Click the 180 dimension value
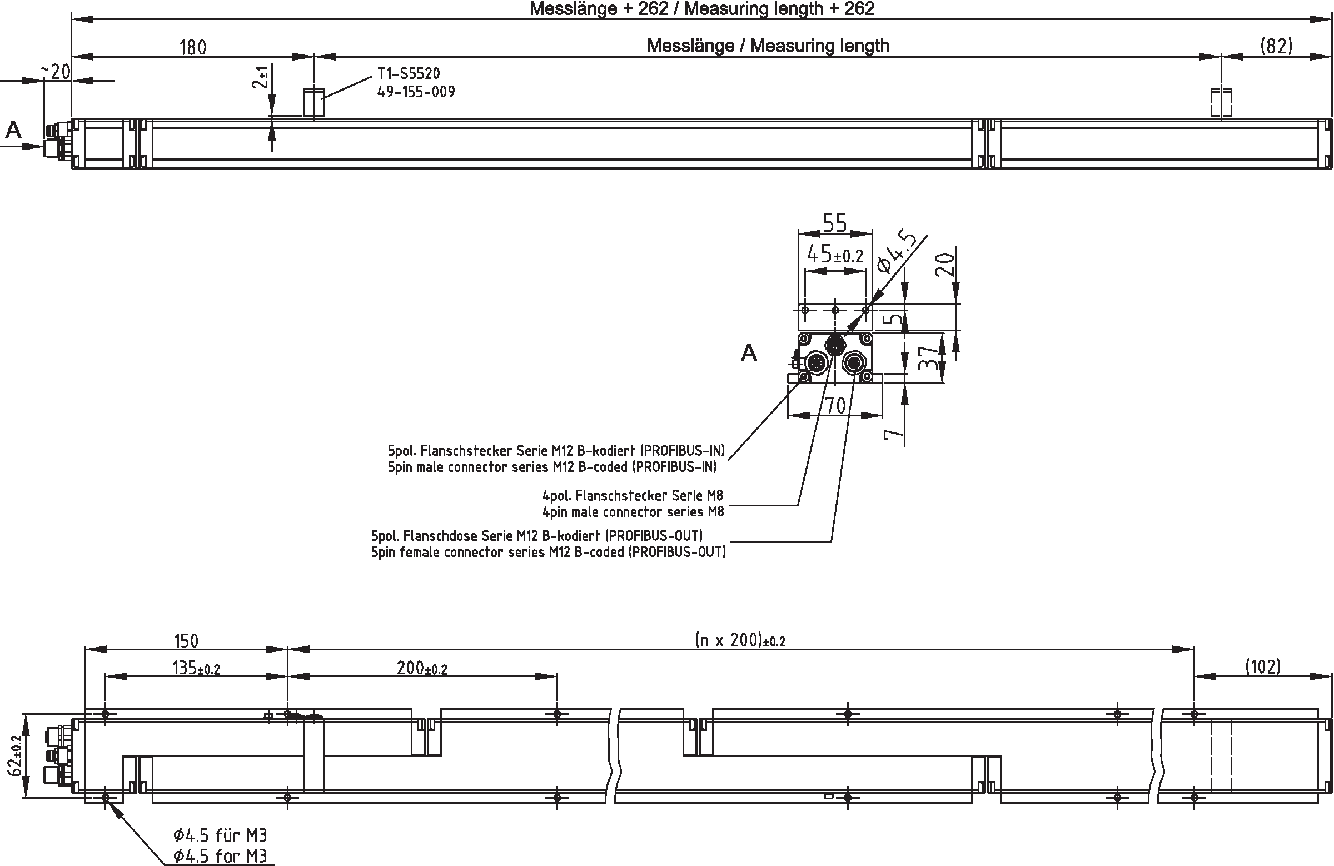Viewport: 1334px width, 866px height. (193, 47)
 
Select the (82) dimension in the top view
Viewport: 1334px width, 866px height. (1276, 46)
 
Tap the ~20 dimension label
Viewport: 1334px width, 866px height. (56, 72)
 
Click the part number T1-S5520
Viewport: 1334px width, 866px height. (409, 73)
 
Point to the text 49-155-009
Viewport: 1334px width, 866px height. (416, 92)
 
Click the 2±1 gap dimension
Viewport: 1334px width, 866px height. (261, 77)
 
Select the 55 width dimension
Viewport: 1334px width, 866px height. (835, 223)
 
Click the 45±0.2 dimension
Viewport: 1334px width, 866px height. (835, 256)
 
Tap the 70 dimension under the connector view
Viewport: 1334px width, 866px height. (836, 405)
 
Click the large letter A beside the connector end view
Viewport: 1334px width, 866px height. (749, 353)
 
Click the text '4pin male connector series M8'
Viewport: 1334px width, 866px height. (633, 512)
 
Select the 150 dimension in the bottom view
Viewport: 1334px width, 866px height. (186, 640)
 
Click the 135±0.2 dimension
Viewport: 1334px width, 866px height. (196, 668)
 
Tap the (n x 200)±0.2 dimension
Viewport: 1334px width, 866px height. (739, 640)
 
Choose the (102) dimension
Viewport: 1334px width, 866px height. (1263, 666)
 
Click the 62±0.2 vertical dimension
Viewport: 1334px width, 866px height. (15, 754)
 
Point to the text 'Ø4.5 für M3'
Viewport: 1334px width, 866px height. (220, 836)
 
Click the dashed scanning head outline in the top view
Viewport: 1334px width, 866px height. (1221, 103)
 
